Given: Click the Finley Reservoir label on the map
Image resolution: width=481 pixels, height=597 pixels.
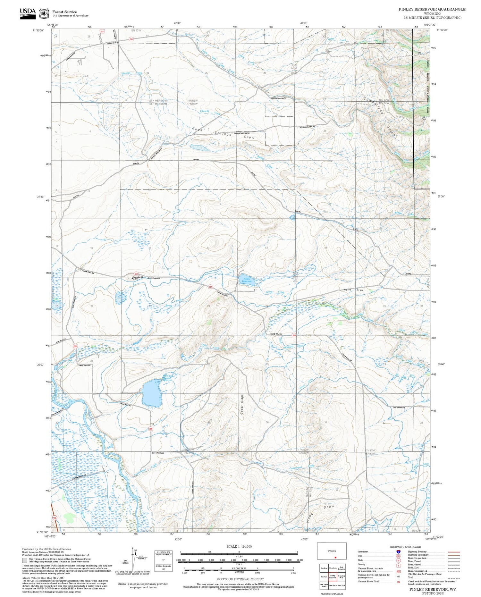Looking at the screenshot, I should click(247, 280).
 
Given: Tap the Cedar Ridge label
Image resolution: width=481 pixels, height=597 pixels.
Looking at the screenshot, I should click(242, 405).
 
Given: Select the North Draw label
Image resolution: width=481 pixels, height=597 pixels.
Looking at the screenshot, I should click(354, 290).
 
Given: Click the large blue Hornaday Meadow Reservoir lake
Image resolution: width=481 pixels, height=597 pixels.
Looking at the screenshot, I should click(152, 393).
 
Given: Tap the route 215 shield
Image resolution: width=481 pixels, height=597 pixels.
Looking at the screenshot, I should click(102, 31).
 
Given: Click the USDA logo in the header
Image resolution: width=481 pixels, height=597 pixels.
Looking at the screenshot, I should click(28, 13).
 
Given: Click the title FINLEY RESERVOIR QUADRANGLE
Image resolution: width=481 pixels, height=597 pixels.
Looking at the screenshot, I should click(432, 9).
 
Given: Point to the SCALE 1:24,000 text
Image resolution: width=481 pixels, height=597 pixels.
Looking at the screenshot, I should click(239, 546).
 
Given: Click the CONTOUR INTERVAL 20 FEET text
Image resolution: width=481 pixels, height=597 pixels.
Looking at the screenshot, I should click(240, 579).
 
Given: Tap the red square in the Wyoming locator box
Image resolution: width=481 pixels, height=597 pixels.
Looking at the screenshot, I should click(335, 557).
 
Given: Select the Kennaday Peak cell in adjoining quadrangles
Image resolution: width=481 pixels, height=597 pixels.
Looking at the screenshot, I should click(341, 576).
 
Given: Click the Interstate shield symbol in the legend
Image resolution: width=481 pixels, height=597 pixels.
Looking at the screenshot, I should click(398, 551).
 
